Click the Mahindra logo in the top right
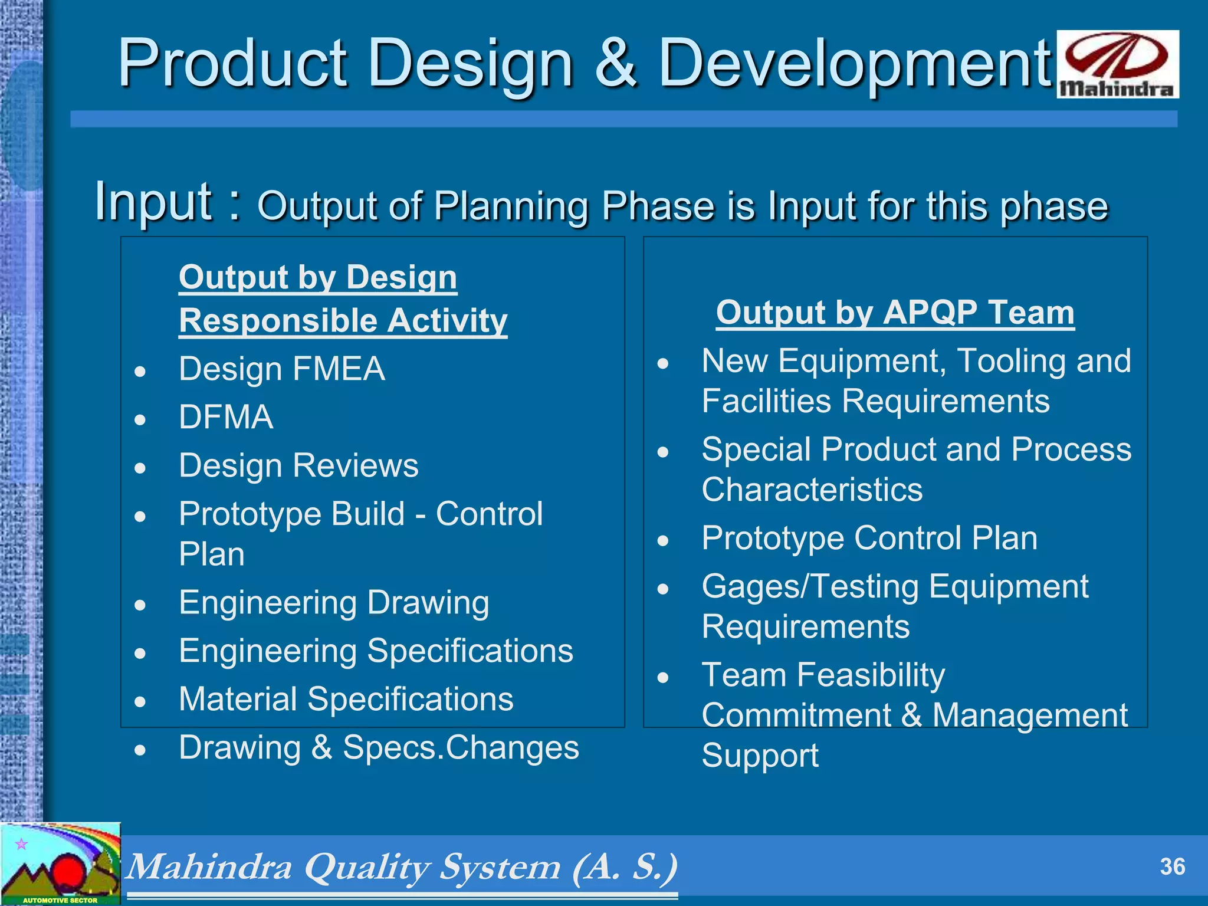point(1117,64)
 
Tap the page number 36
point(1172,866)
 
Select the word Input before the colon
point(154,202)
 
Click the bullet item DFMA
point(226,417)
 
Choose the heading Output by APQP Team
point(895,312)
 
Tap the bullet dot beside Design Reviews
point(140,468)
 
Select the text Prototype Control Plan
point(869,538)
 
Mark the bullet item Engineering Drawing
point(334,603)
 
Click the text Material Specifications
point(346,699)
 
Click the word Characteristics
point(812,490)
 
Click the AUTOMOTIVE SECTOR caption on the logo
point(60,900)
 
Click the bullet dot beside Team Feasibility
point(663,677)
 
